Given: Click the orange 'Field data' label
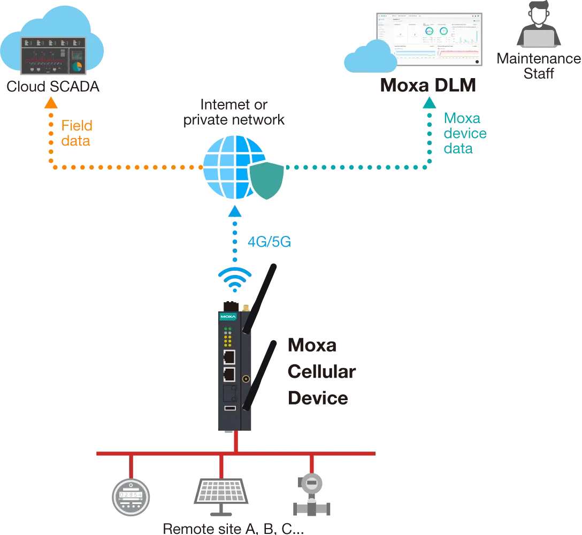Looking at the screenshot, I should [76, 134].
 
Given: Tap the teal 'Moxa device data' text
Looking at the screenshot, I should [464, 133].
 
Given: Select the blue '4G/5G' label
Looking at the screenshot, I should [268, 242].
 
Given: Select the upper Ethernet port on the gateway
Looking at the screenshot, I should [229, 357].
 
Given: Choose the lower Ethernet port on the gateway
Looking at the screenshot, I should [229, 374].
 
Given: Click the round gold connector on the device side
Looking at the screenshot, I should [246, 379].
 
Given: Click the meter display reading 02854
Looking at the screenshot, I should [129, 495].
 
